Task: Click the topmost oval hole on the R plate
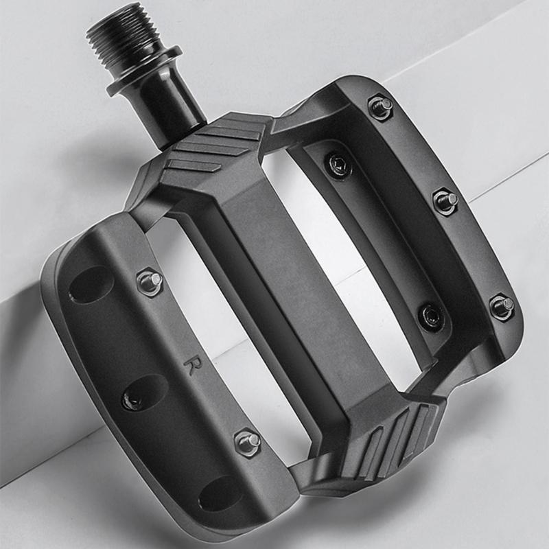tap(91, 284)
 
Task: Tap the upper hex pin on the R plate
tap(150, 281)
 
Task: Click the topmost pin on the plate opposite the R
tap(381, 106)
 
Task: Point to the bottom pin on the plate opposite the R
tap(503, 306)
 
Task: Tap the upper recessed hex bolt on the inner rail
tap(339, 163)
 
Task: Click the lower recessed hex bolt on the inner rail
tap(432, 315)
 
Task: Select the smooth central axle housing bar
tap(288, 274)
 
